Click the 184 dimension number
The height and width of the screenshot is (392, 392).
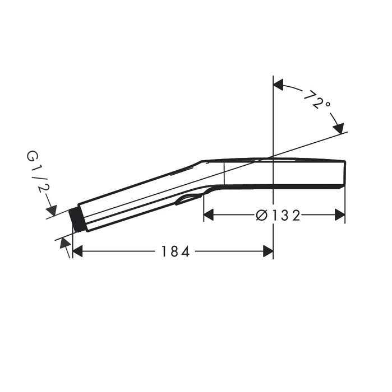coord(175,251)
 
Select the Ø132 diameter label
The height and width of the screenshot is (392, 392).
coord(278,215)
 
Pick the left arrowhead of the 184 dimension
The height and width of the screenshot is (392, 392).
coord(77,251)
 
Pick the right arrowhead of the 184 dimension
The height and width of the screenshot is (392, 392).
coord(268,251)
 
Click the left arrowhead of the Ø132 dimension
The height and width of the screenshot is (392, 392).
coord(209,215)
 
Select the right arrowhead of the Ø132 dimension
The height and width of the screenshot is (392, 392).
coord(340,215)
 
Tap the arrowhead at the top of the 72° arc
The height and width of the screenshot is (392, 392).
coord(278,85)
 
